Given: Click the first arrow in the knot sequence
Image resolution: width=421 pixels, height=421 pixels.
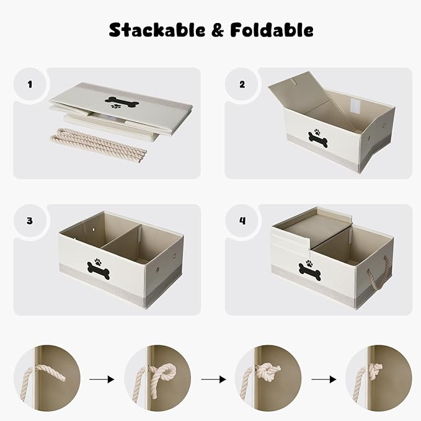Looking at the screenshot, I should (x=99, y=378).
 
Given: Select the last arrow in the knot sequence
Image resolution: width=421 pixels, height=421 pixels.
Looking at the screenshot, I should (x=321, y=378).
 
